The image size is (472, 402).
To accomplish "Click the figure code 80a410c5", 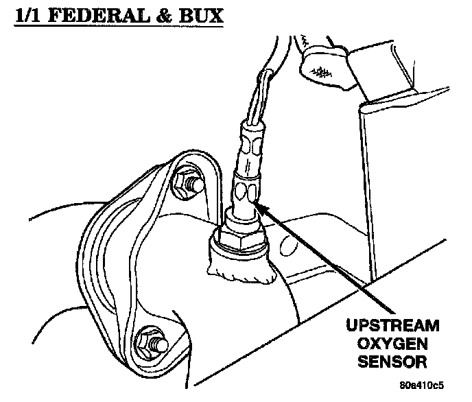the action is coord(431,389).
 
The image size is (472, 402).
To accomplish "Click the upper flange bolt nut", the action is coord(187,183).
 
